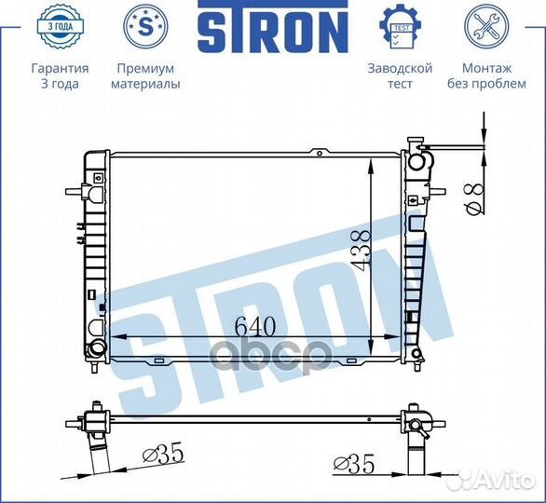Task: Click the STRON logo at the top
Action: [x=273, y=27]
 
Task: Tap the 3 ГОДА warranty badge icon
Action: [x=61, y=26]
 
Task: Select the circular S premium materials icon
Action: [x=145, y=26]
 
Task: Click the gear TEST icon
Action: [x=400, y=26]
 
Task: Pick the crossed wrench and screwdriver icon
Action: [x=486, y=26]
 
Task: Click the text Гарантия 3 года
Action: [x=61, y=75]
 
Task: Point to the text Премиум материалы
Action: [x=145, y=75]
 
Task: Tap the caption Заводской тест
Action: [x=400, y=75]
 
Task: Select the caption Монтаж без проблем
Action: [x=486, y=75]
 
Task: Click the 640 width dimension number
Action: [x=255, y=327]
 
